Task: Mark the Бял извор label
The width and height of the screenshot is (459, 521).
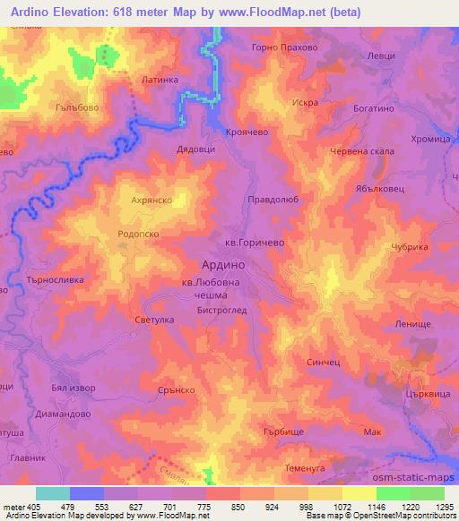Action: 74,389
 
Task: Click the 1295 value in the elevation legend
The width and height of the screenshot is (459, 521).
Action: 445,506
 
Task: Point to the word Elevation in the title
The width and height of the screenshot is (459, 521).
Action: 83,13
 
